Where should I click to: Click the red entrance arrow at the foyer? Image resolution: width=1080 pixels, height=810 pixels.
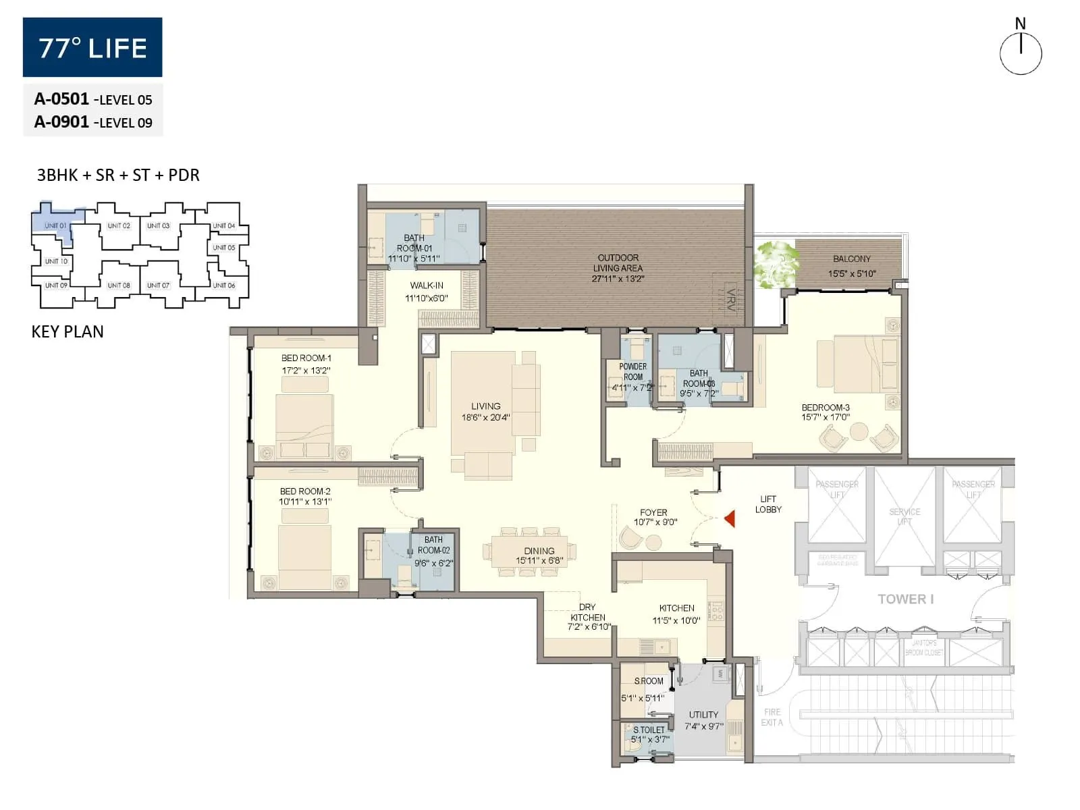[730, 518]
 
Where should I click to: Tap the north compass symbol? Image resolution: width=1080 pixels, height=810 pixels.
[1021, 53]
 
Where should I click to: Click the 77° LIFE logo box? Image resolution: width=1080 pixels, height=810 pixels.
[92, 47]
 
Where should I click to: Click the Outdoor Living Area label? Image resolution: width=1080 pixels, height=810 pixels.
[618, 263]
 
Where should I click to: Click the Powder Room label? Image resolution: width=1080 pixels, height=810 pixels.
[632, 372]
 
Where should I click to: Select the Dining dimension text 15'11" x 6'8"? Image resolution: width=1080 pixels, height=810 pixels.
[539, 561]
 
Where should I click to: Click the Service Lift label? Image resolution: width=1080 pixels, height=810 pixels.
[905, 516]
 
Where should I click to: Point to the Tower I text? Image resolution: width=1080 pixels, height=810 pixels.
[905, 599]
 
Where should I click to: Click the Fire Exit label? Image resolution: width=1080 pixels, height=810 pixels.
[772, 717]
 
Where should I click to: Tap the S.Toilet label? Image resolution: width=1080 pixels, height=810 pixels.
[649, 730]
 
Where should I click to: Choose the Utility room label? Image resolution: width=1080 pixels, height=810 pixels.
[703, 714]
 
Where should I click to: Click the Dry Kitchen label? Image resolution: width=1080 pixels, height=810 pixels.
[587, 612]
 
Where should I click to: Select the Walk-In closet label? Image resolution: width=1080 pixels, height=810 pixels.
[427, 286]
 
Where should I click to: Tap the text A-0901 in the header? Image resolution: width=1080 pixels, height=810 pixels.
[61, 122]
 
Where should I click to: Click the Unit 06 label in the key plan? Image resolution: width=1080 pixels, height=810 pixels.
[223, 286]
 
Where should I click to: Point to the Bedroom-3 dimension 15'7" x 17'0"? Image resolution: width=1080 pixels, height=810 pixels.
[826, 417]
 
